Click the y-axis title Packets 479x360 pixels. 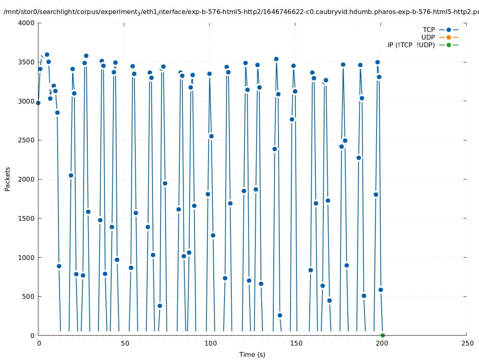click(x=8, y=179)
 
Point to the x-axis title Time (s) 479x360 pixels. click(x=252, y=354)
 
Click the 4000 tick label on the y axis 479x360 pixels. click(x=26, y=23)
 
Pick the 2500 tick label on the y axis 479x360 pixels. click(x=26, y=140)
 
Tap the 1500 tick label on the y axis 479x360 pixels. click(x=26, y=218)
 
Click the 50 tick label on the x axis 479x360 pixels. click(x=125, y=344)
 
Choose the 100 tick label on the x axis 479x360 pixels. click(x=210, y=344)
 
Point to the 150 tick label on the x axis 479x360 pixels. click(x=296, y=344)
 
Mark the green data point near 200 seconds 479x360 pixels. click(x=383, y=335)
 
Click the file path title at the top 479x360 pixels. click(x=240, y=12)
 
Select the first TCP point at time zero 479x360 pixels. click(x=38, y=103)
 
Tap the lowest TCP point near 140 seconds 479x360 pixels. click(x=280, y=315)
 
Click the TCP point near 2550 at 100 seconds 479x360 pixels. click(x=211, y=136)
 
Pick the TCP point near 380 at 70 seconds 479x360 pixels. click(x=160, y=306)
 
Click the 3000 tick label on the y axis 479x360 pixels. click(x=26, y=101)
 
